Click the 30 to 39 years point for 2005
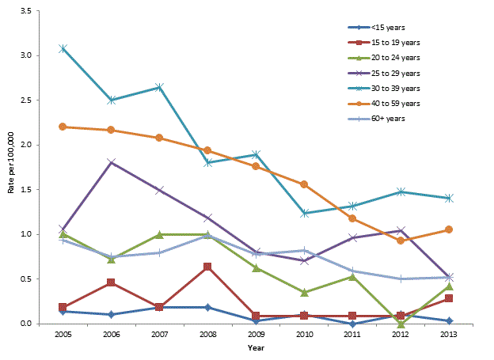click(63, 48)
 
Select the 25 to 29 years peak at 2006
click(111, 162)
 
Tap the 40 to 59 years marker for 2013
click(449, 229)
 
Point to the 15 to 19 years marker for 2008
click(207, 267)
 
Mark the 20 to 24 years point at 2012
click(401, 323)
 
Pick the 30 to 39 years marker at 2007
click(159, 87)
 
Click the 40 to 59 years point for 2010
click(304, 184)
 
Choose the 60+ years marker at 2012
click(401, 279)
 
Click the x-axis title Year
click(256, 348)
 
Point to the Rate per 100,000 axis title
click(9, 167)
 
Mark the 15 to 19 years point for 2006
click(111, 282)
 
